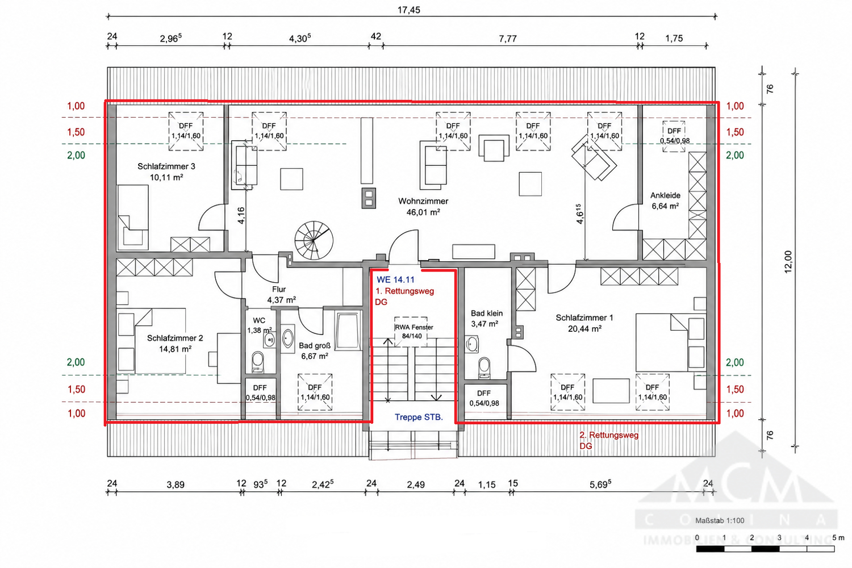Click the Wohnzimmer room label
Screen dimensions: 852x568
click(x=423, y=201)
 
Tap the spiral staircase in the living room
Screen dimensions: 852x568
click(x=314, y=240)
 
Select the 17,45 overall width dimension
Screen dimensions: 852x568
click(x=409, y=10)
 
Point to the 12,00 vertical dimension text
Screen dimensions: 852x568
click(x=788, y=262)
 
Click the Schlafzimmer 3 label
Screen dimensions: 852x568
click(x=166, y=166)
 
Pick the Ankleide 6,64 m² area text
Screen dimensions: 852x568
click(x=665, y=206)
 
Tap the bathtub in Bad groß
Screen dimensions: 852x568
click(x=348, y=330)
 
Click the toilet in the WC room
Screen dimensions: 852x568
click(x=257, y=362)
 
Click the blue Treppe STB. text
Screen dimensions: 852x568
click(x=419, y=417)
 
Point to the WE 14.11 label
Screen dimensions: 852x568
click(x=395, y=279)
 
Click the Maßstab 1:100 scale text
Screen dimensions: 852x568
click(x=720, y=520)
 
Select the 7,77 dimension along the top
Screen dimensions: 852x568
click(x=508, y=39)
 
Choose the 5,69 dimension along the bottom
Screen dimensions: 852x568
click(x=600, y=484)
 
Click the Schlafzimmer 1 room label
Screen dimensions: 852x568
click(x=584, y=318)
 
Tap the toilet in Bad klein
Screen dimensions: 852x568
click(x=484, y=367)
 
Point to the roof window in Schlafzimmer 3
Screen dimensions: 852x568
click(x=186, y=131)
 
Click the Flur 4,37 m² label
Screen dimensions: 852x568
click(x=282, y=294)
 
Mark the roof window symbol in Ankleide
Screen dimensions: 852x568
click(x=674, y=136)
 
